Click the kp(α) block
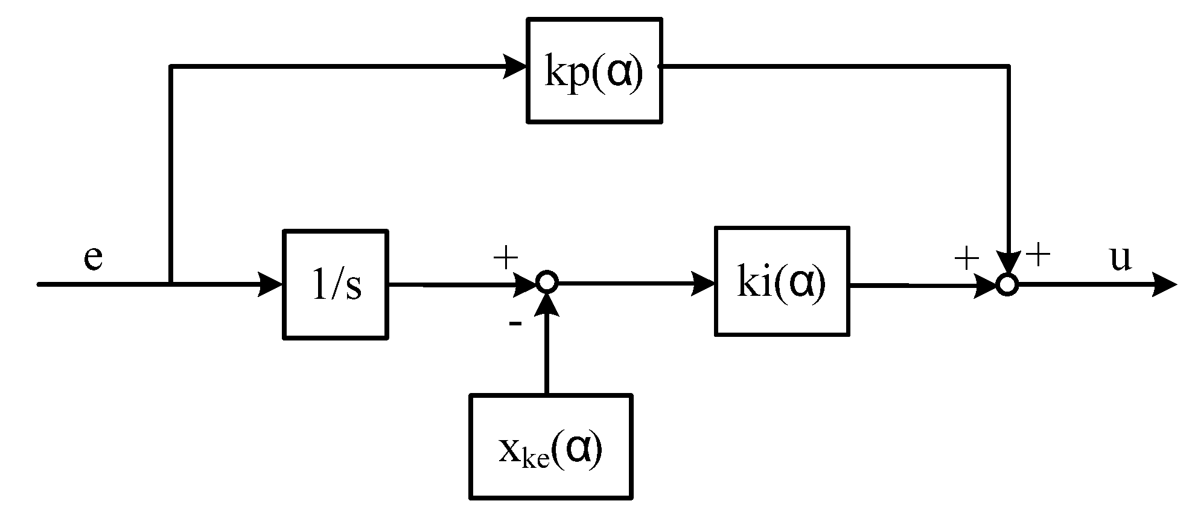594,71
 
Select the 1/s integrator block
336,284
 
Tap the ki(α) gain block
782,281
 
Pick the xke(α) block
551,447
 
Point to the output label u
1120,258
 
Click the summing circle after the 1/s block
547,282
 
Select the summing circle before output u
1007,284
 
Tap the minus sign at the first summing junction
515,324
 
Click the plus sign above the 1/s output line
506,258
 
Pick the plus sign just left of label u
1039,255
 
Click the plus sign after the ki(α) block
966,260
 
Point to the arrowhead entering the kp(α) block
516,65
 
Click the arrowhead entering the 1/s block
271,284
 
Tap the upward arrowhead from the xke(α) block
547,305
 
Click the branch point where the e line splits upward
171,283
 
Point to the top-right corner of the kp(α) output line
1009,66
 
